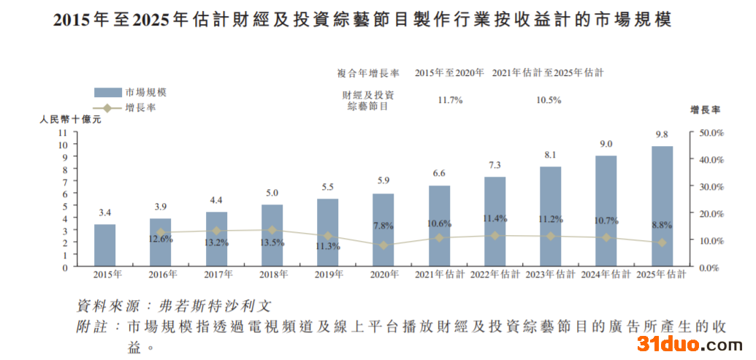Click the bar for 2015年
tap(104, 245)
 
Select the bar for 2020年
tap(383, 230)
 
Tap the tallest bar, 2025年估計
tap(662, 206)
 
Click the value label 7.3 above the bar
tap(495, 165)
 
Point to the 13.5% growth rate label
tap(272, 242)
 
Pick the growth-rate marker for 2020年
tap(383, 245)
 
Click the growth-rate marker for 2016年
tap(161, 232)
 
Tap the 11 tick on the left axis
tap(62, 133)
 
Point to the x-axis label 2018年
tap(272, 275)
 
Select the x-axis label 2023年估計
tap(550, 275)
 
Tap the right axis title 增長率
tap(706, 110)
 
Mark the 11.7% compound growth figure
tap(450, 100)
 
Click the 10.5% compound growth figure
tap(549, 100)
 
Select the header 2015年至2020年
tap(450, 73)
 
